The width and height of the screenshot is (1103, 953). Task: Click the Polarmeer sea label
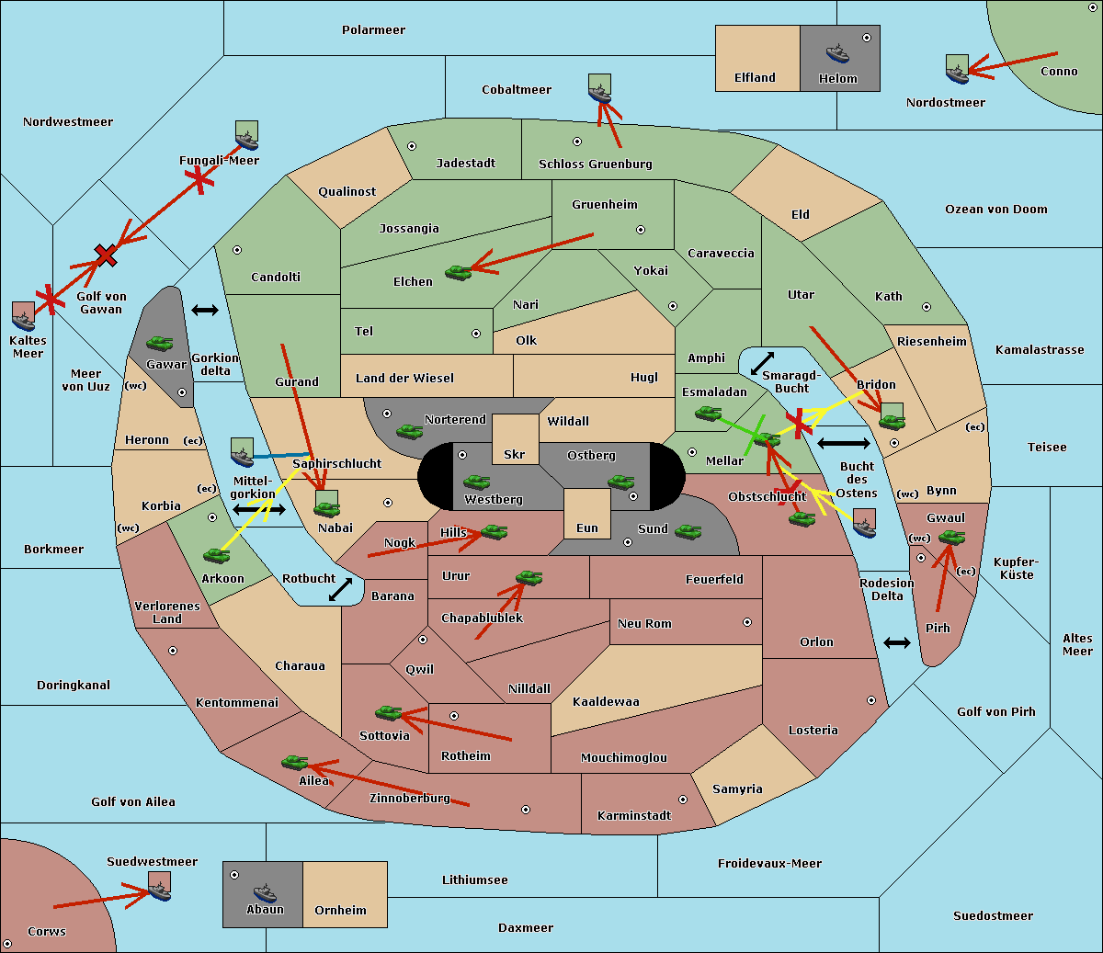[373, 30]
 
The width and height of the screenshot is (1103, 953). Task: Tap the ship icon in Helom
[837, 52]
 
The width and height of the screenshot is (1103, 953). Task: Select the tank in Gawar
[160, 343]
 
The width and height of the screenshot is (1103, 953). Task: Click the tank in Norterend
[410, 430]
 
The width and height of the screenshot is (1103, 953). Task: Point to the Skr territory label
[515, 454]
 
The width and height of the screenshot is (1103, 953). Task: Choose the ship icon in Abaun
[265, 892]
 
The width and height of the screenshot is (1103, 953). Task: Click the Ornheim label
[340, 910]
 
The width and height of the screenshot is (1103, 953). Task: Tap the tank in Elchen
[458, 272]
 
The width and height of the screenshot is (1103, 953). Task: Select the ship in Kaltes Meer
[24, 319]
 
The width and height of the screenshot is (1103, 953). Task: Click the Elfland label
[755, 78]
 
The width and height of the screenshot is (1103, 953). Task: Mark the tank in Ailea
[295, 762]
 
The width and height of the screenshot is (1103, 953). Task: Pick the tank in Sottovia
[389, 712]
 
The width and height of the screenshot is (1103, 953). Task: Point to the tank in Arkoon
[217, 555]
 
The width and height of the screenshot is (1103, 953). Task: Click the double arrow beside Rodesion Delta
[897, 642]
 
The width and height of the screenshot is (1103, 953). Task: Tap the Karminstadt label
[634, 815]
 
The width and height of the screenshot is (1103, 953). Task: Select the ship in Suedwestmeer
[160, 889]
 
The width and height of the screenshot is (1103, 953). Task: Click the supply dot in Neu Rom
[747, 622]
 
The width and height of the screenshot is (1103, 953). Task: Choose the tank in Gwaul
[951, 538]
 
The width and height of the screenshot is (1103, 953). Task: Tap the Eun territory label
[587, 528]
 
